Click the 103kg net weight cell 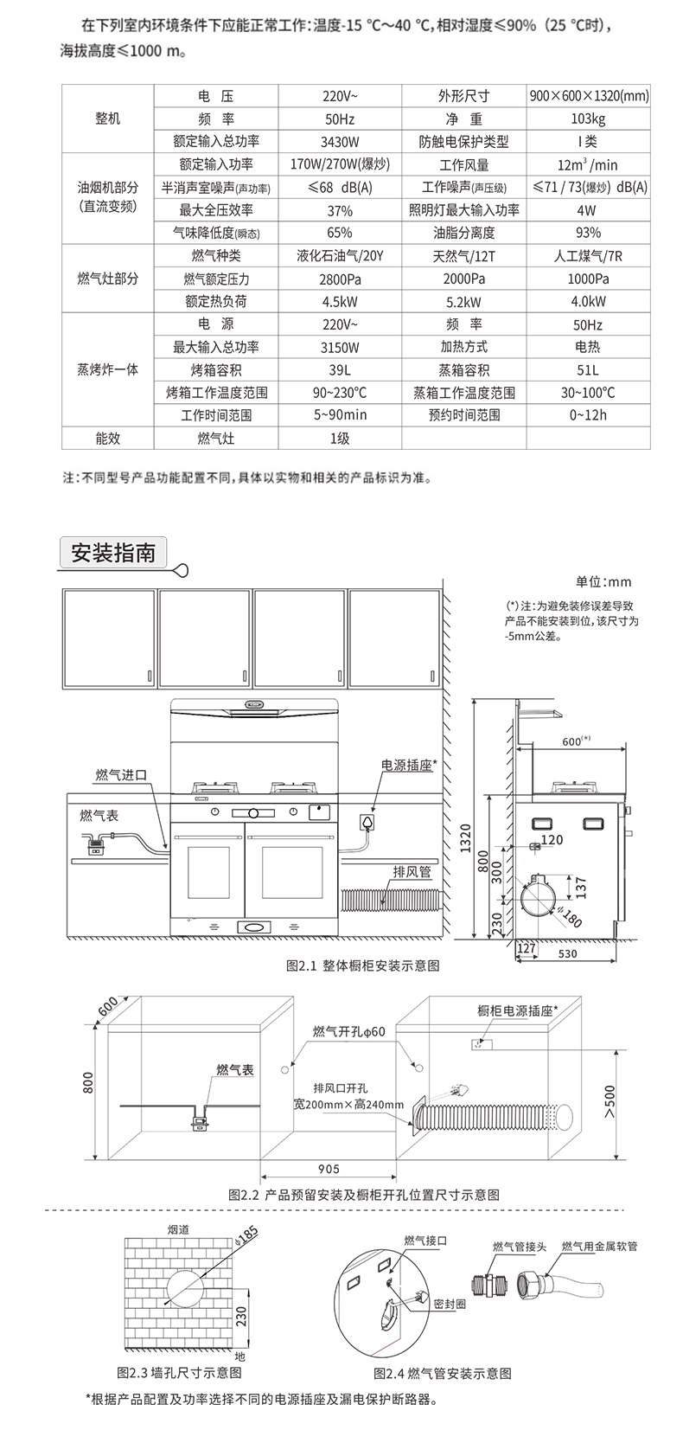click(x=588, y=119)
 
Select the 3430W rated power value click(x=339, y=141)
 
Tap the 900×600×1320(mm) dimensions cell click(x=588, y=96)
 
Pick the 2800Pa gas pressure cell click(x=339, y=279)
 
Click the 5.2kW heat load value click(x=463, y=302)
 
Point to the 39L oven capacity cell click(x=339, y=370)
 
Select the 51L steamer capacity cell click(x=588, y=370)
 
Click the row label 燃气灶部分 click(x=107, y=279)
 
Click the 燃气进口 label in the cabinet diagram click(x=122, y=774)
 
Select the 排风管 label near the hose click(x=412, y=872)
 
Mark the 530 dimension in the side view click(x=567, y=953)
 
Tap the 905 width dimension click(x=329, y=1170)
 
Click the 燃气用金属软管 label click(x=599, y=1246)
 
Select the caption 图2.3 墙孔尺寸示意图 click(x=179, y=1373)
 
